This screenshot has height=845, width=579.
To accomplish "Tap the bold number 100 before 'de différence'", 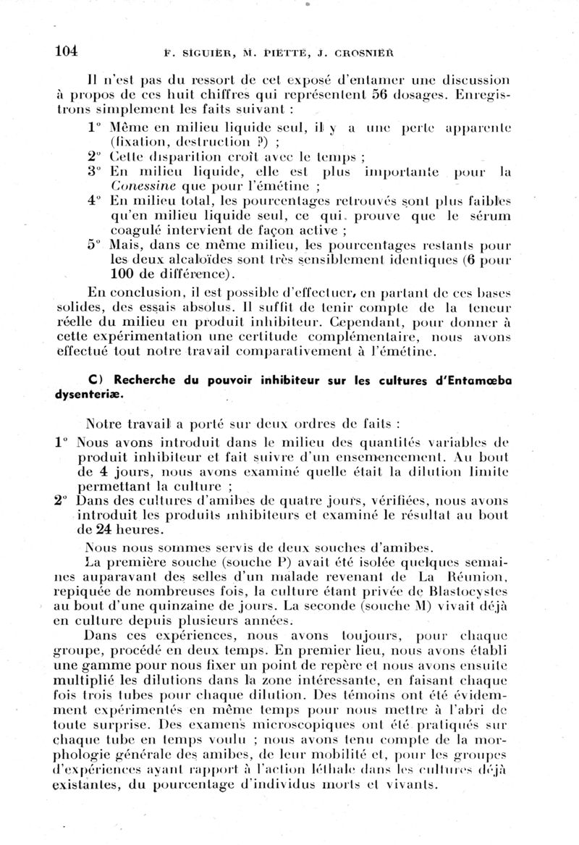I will [124, 274].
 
